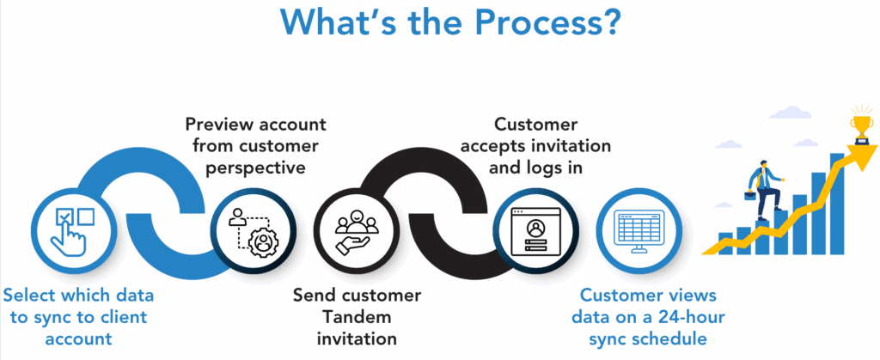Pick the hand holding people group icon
click(x=352, y=230)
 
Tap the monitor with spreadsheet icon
click(x=638, y=230)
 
